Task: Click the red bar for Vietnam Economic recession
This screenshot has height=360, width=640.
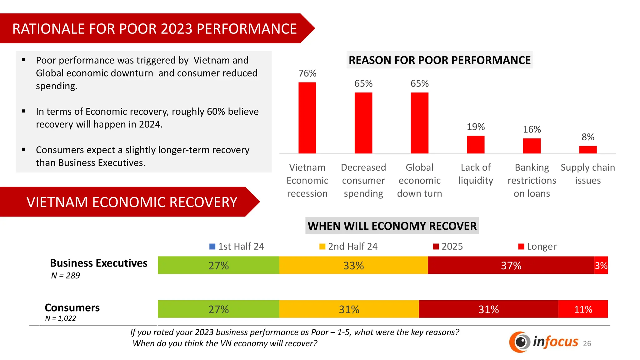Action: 307,118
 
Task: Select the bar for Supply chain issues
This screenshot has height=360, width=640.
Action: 588,150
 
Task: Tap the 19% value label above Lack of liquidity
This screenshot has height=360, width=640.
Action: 476,127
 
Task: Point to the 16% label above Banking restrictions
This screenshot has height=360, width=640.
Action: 532,129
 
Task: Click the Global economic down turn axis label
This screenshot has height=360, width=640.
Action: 419,180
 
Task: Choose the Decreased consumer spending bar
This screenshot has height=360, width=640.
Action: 363,123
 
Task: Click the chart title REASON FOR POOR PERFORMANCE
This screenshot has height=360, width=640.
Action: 439,60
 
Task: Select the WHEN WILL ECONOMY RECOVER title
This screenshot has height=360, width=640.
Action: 392,226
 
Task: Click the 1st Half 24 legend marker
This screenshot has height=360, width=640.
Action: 212,247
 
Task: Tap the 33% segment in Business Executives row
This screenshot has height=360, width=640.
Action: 353,265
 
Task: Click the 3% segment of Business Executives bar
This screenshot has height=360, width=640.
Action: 601,265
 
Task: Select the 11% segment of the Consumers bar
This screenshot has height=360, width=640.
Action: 583,309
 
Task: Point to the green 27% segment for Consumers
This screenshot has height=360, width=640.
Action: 218,309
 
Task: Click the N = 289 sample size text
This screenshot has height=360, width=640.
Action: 66,276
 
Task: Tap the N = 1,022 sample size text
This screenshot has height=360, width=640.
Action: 61,318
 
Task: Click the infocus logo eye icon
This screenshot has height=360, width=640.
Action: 520,342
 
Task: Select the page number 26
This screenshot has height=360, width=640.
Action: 587,343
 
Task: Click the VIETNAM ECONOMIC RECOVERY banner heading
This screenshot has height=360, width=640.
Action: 132,202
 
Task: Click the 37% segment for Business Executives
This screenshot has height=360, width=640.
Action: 511,265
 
